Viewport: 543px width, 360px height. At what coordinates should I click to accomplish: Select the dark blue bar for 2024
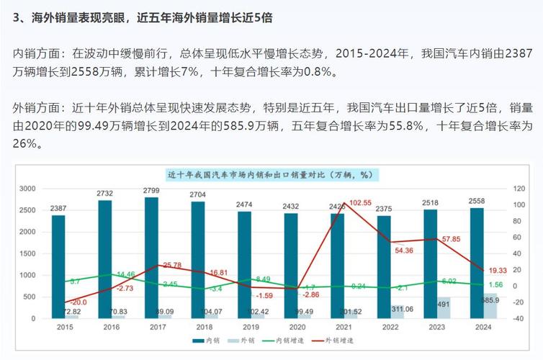pyautogui.click(x=476, y=263)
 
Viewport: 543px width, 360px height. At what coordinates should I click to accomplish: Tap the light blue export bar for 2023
pyautogui.click(x=444, y=307)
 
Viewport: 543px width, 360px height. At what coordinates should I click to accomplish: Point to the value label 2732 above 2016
pyautogui.click(x=105, y=194)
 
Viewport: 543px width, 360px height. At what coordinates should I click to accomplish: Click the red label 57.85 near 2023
pyautogui.click(x=451, y=238)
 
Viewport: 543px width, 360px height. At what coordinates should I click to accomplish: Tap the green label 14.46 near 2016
pyautogui.click(x=125, y=274)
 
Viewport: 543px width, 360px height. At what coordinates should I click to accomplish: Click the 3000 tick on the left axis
pyautogui.click(x=27, y=189)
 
